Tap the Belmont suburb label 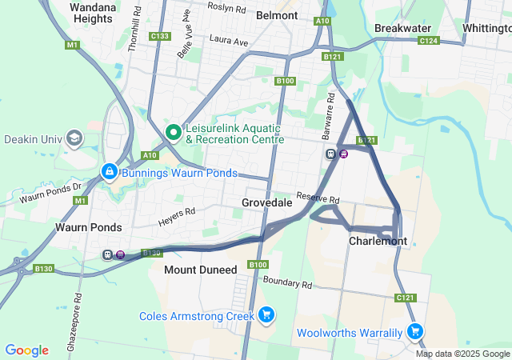(x=277, y=15)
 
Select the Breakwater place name (x=402, y=27)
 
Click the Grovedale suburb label (x=266, y=203)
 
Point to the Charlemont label (x=378, y=241)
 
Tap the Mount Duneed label (x=200, y=270)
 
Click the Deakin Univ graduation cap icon (x=74, y=138)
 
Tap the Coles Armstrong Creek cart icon (x=266, y=316)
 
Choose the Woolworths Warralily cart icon (x=414, y=331)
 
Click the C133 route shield (x=159, y=36)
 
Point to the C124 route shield (x=429, y=40)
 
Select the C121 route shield (x=406, y=298)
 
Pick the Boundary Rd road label (x=286, y=282)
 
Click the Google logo (x=26, y=350)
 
